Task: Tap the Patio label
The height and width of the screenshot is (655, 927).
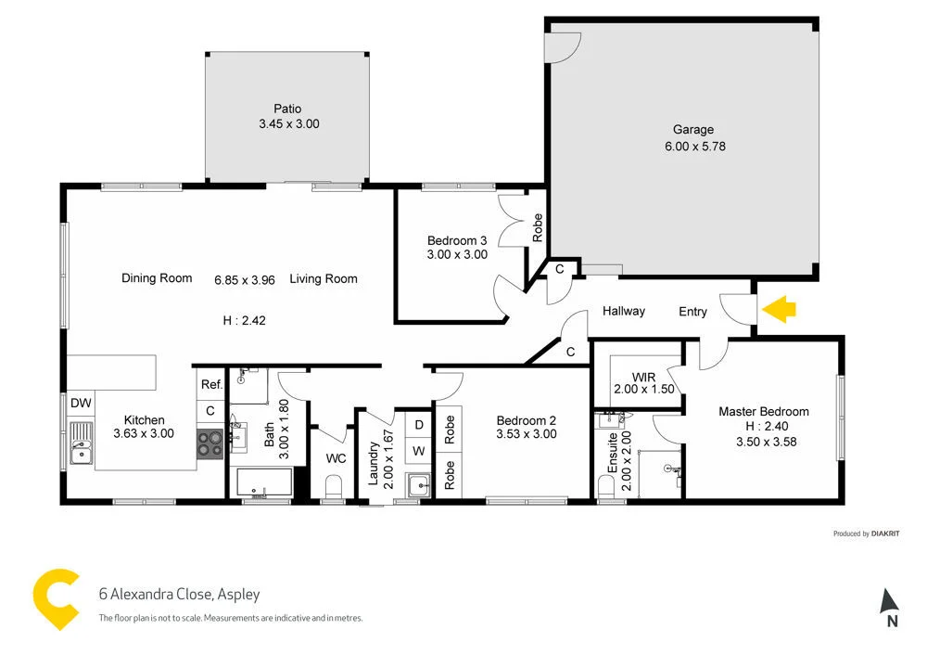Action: [287, 109]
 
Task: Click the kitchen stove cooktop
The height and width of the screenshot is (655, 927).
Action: [210, 443]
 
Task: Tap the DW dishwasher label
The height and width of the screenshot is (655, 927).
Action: [81, 404]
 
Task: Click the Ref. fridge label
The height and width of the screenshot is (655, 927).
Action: [211, 384]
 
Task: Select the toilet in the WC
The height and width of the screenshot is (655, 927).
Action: [334, 487]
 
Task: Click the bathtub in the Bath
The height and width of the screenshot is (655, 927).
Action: [264, 482]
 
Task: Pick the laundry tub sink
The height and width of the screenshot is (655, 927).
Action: [418, 483]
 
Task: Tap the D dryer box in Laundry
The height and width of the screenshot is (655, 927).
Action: [419, 425]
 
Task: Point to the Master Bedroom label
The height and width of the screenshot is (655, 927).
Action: [763, 411]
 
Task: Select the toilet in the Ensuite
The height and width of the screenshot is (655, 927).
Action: [607, 487]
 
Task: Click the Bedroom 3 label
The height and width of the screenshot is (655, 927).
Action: [457, 240]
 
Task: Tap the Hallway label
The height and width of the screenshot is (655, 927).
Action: [623, 311]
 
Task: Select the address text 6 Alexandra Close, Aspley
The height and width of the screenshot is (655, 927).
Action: [179, 595]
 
